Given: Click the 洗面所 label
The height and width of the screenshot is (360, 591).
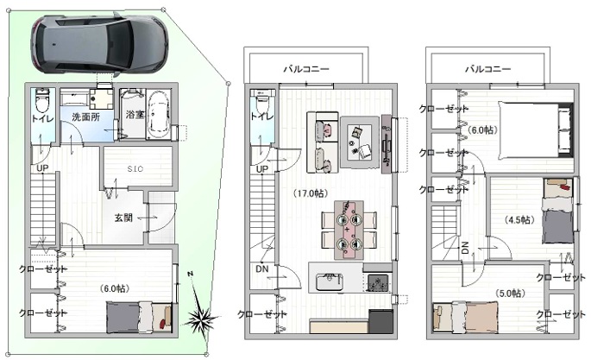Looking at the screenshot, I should point(86,115).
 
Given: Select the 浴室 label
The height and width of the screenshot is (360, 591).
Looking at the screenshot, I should point(135,114).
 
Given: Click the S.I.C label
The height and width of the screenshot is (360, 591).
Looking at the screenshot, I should point(135,170).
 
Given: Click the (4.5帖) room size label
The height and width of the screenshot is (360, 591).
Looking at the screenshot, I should point(519,221).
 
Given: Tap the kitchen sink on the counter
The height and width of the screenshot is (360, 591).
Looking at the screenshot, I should point(329,282).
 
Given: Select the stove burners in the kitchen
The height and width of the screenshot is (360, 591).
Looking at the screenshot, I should point(378,282).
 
